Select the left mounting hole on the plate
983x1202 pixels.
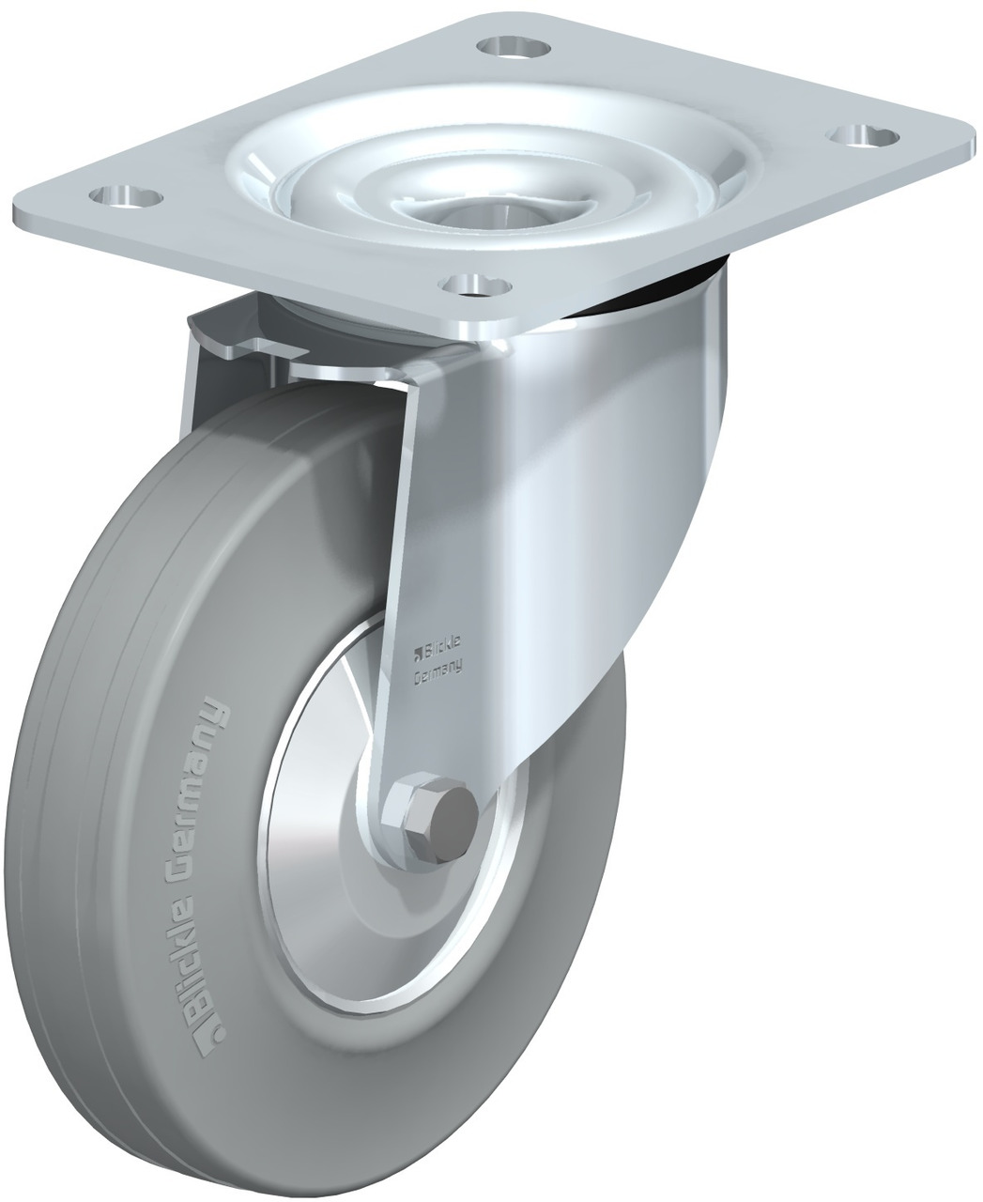[127, 196]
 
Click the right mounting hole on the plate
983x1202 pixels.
[863, 137]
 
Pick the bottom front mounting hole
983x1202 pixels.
[476, 285]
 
